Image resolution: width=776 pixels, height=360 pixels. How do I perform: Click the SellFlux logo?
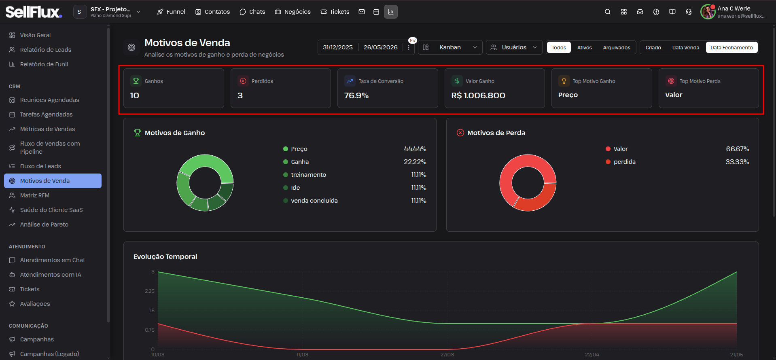[34, 12]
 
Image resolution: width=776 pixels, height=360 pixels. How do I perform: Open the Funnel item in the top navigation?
[171, 12]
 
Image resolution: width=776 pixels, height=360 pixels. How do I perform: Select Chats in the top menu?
[252, 12]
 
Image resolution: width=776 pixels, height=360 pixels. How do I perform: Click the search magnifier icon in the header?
[607, 12]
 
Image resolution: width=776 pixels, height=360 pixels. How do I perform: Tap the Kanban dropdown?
[450, 47]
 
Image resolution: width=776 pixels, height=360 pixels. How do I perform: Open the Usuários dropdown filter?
[514, 47]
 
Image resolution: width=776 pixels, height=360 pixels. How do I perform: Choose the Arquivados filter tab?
[617, 48]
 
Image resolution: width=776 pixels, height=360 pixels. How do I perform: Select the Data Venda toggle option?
[685, 48]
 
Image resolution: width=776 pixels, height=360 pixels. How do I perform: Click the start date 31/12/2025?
[338, 47]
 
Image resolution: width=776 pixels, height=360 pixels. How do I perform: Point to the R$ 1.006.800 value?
[478, 95]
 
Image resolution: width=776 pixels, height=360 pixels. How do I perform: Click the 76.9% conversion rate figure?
[356, 95]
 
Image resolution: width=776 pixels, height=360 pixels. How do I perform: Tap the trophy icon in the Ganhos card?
[136, 81]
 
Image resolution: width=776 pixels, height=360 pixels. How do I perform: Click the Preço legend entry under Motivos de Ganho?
[299, 149]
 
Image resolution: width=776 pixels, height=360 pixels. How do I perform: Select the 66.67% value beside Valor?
[737, 149]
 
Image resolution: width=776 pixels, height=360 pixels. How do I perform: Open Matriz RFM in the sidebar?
[35, 195]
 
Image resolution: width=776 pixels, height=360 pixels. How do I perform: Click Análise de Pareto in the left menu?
[44, 224]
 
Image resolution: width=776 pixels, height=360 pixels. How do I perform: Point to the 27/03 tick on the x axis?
[447, 355]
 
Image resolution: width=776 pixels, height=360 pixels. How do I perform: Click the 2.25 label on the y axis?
[150, 291]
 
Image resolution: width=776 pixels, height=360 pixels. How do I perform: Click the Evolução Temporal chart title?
[165, 256]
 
